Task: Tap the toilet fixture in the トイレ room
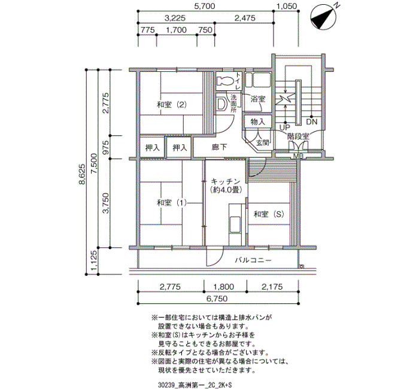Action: click(225, 81)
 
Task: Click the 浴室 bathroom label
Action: click(258, 99)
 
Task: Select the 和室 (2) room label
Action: click(172, 105)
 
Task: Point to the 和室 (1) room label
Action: click(172, 203)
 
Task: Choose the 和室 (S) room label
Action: click(269, 214)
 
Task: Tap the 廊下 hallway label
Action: click(220, 147)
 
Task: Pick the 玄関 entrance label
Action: click(263, 142)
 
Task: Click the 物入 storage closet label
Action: click(258, 122)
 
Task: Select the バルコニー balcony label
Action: click(253, 260)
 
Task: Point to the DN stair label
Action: click(312, 122)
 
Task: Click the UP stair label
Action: click(284, 127)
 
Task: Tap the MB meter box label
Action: click(298, 156)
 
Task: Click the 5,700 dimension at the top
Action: click(205, 6)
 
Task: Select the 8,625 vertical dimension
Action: click(82, 174)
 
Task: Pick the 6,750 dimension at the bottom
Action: click(217, 299)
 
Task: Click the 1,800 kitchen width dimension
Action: click(224, 287)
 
